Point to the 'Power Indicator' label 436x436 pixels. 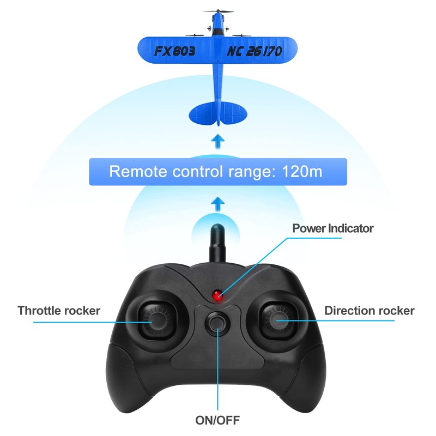coord(332,228)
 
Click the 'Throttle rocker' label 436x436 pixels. coord(59,311)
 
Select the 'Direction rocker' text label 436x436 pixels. coord(369,311)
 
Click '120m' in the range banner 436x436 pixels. coord(302,172)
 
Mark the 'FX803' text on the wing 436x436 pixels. coord(174,52)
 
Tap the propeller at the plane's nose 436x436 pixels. coord(218,11)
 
